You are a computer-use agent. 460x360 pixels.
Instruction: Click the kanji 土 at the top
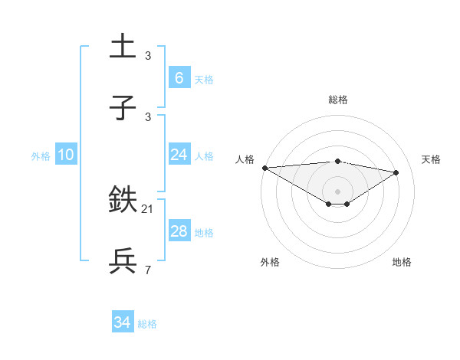click(x=123, y=46)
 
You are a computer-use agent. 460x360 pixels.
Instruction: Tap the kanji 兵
click(x=123, y=260)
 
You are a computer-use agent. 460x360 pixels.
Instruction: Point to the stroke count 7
click(x=148, y=270)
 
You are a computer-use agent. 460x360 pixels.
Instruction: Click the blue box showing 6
click(x=179, y=77)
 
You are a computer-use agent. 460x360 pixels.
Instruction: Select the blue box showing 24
click(x=179, y=155)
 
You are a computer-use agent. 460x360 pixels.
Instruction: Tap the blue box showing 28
click(x=179, y=231)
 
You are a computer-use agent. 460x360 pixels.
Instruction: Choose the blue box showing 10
click(x=65, y=155)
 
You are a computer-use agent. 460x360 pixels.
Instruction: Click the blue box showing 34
click(x=122, y=322)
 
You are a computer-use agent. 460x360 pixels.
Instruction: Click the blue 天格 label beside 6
click(x=204, y=80)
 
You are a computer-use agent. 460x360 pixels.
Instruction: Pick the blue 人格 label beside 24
click(x=204, y=156)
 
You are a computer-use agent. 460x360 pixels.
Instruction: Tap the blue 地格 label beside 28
click(x=204, y=233)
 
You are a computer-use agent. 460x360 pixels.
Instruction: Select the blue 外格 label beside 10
click(x=41, y=156)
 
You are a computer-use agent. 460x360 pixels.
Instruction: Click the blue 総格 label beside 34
click(x=147, y=324)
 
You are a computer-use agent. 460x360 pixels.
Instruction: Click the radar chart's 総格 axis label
click(x=338, y=100)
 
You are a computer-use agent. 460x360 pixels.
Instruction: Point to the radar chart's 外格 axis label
click(x=270, y=262)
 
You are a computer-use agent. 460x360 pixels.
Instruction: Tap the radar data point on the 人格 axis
click(x=264, y=168)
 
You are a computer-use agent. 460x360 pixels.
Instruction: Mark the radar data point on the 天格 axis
click(x=396, y=172)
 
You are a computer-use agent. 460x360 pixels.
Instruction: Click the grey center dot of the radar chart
click(x=338, y=191)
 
